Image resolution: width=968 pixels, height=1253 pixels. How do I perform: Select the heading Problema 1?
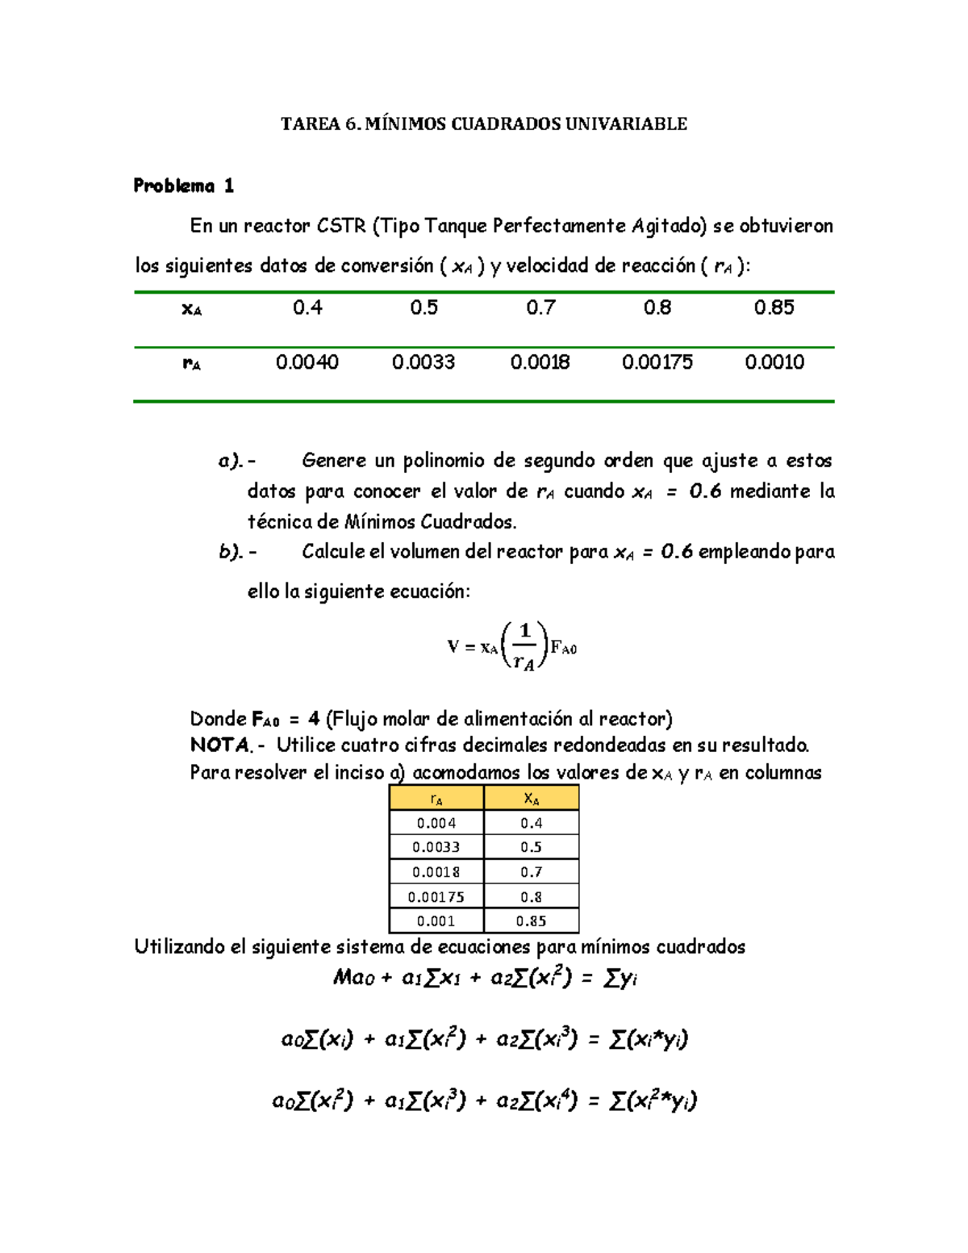183,186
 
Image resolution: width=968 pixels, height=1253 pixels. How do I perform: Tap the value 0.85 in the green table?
774,307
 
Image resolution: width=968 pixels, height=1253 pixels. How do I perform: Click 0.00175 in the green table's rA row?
657,362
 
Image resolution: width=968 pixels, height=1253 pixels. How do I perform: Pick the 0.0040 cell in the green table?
307,362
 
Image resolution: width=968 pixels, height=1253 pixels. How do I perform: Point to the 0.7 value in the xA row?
540,307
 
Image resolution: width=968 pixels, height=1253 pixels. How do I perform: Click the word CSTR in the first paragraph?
341,226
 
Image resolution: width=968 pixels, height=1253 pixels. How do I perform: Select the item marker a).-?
237,461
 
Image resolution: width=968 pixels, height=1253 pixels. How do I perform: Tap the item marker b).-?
237,552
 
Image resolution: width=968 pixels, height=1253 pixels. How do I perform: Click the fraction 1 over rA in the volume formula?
524,646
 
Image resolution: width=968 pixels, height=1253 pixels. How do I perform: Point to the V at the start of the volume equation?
453,646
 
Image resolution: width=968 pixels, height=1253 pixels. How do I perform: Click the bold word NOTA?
221,745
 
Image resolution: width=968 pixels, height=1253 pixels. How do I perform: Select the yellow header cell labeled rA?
436,799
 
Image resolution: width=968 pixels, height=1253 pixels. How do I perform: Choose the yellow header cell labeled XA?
531,799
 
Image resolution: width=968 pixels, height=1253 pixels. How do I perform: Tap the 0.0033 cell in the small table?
436,847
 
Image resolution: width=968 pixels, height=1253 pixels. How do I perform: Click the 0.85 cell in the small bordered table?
531,921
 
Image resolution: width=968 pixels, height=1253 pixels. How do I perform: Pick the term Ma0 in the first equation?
354,978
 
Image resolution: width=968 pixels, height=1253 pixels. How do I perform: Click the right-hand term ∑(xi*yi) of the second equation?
648,1039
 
